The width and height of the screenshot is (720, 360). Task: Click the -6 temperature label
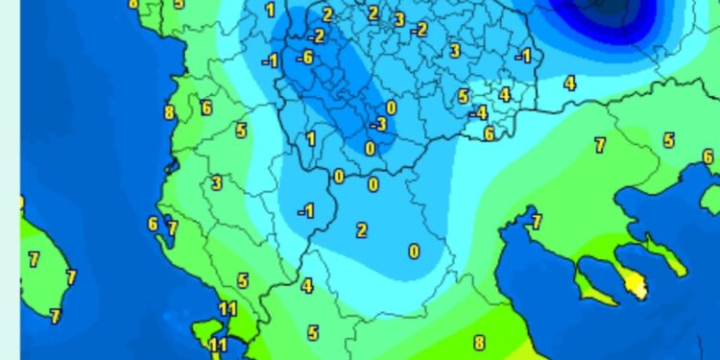tap(305, 58)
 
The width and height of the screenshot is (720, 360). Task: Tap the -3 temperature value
tap(379, 125)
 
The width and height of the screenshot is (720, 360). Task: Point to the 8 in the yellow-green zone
tap(479, 342)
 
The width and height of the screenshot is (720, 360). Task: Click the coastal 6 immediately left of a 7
tap(153, 225)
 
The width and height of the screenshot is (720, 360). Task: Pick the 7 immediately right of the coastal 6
tap(172, 228)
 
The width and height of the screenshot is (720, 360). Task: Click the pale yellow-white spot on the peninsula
tap(634, 282)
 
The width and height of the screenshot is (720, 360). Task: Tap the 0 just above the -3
tap(391, 108)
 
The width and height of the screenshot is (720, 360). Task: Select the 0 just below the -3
tap(371, 148)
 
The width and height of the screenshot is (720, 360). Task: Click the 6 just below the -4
tap(489, 133)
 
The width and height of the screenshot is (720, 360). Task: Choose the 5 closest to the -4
tap(463, 96)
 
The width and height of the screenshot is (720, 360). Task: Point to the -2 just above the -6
tap(316, 36)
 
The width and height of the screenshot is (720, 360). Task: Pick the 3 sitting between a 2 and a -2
tap(398, 19)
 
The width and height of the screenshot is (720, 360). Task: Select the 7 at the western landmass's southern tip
tap(56, 315)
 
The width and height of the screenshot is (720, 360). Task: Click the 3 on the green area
tap(217, 182)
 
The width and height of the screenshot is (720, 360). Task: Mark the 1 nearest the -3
tap(310, 139)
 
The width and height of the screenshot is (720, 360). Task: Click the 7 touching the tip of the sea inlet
tap(536, 223)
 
